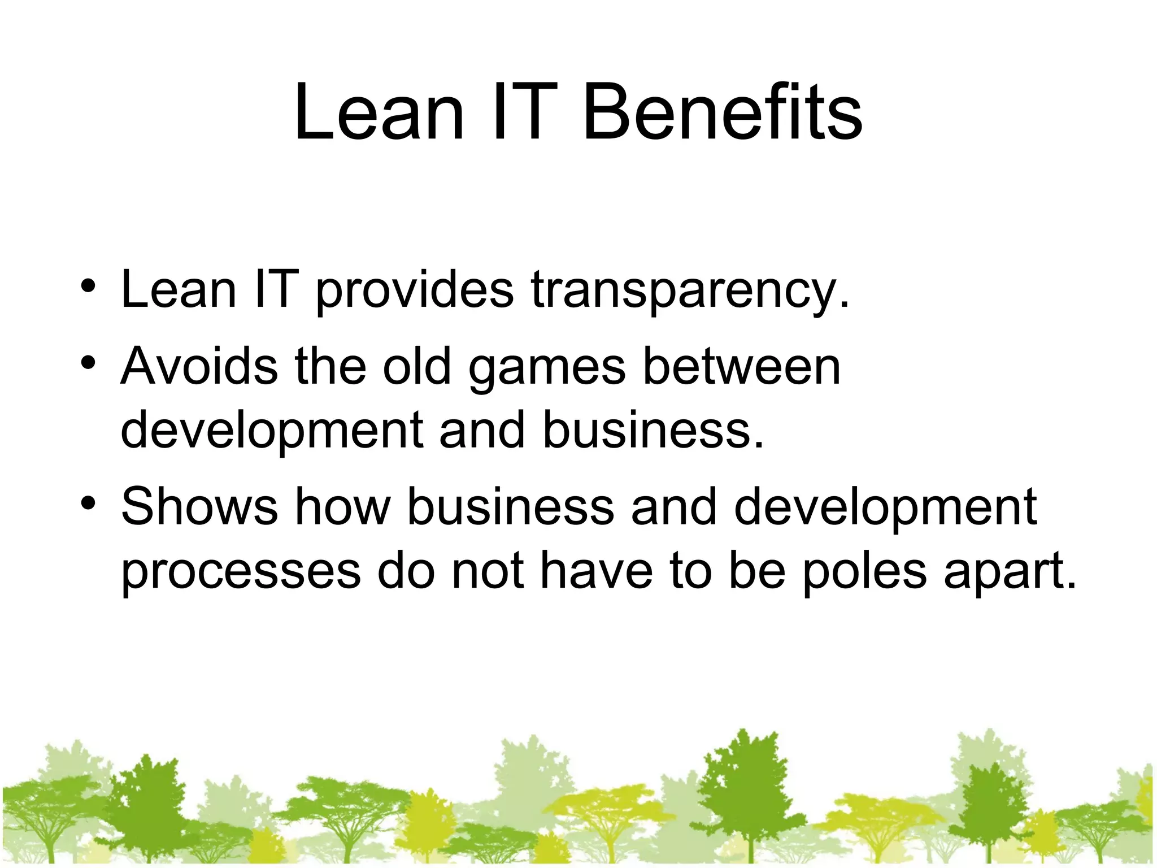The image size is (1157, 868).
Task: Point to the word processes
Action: pyautogui.click(x=241, y=574)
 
